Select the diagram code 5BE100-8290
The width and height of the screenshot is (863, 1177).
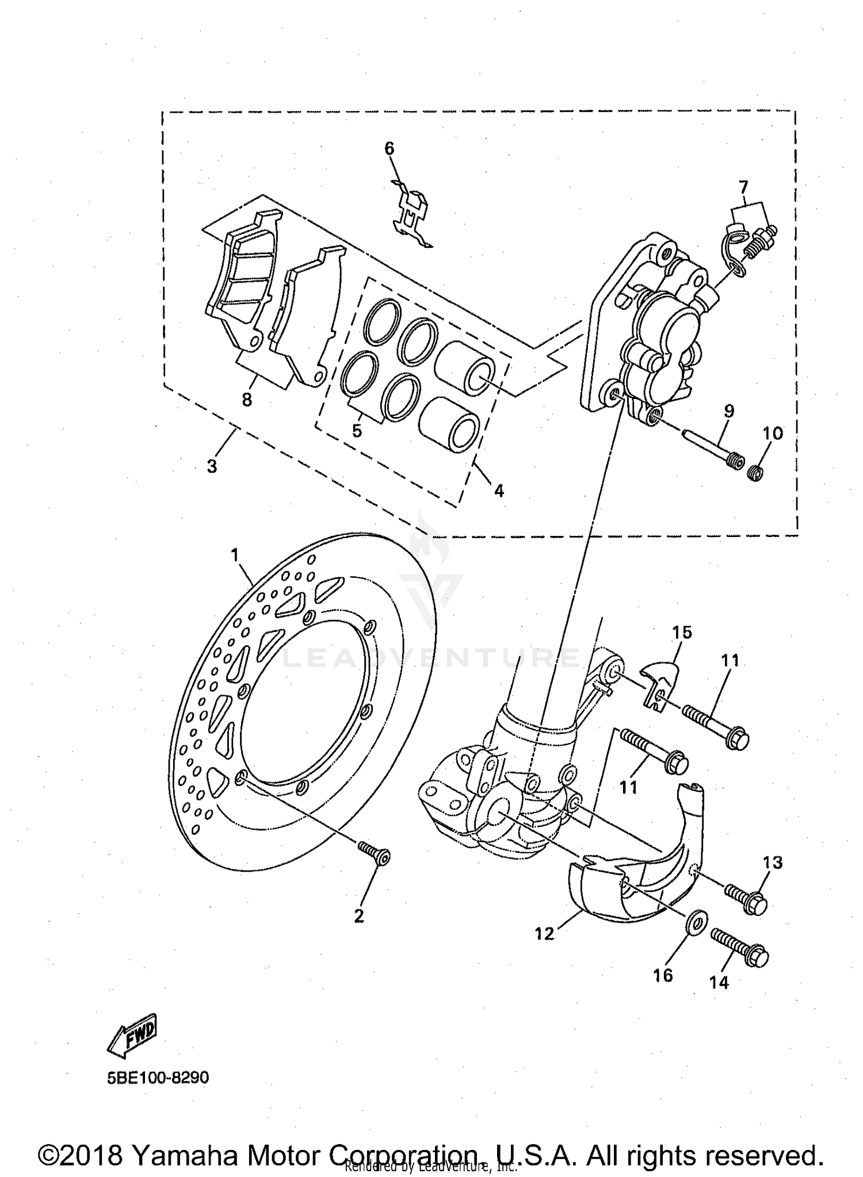158,1077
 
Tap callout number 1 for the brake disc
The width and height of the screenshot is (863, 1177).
234,555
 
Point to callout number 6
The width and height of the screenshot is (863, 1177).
390,148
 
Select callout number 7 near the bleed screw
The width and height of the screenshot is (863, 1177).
743,187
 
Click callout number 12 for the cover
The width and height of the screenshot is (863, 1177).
544,934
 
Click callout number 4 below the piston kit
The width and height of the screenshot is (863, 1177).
499,490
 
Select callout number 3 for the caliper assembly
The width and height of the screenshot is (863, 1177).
212,466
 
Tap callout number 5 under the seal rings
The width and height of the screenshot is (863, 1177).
357,431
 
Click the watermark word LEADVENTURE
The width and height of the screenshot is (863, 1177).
431,657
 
